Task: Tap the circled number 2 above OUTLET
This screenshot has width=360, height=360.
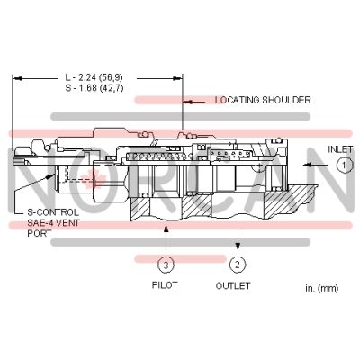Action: click(237, 265)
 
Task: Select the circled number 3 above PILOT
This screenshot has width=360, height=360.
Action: click(166, 265)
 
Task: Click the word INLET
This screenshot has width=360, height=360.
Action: click(340, 148)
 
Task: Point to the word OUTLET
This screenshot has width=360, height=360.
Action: click(234, 285)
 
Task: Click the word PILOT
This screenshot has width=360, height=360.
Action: click(165, 285)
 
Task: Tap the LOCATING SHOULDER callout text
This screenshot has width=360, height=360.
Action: click(263, 100)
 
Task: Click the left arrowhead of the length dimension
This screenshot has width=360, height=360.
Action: click(15, 77)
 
